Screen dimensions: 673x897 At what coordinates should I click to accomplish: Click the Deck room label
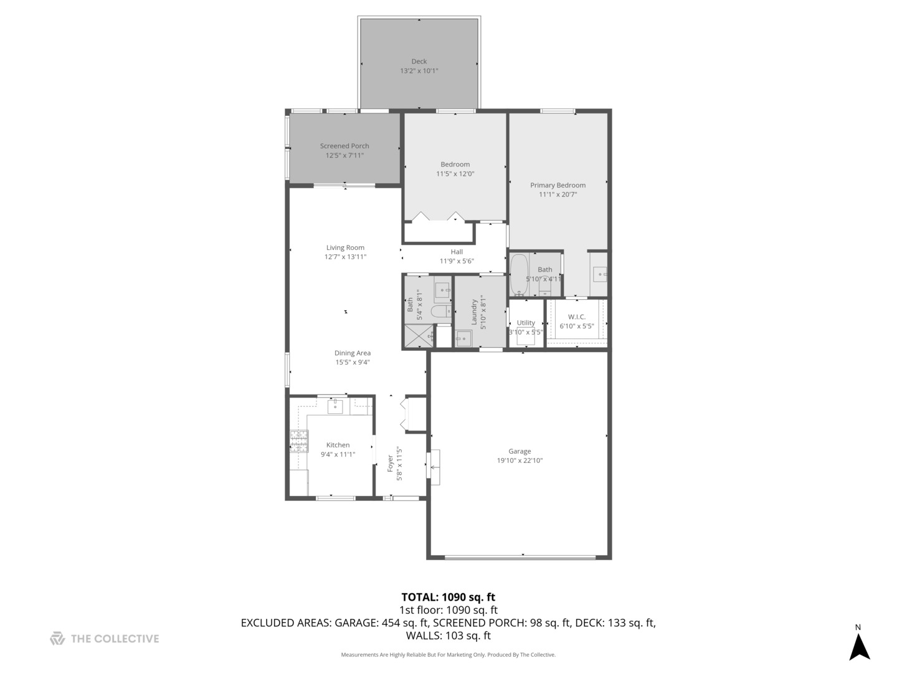[x=419, y=61]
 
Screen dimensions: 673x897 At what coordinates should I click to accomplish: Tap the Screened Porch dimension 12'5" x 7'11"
[x=344, y=156]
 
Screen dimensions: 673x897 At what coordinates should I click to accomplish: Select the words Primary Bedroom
[x=558, y=185]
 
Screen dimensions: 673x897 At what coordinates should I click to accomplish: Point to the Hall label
[x=457, y=252]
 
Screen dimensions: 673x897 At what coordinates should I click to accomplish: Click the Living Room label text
[x=345, y=247]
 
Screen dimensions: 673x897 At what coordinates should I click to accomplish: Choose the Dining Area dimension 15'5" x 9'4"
[x=353, y=362]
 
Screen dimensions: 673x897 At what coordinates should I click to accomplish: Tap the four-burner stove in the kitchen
[x=299, y=441]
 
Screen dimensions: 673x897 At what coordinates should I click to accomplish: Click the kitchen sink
[x=336, y=406]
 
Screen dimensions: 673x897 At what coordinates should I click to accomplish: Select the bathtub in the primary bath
[x=518, y=274]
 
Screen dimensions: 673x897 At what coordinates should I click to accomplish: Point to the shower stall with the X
[x=418, y=336]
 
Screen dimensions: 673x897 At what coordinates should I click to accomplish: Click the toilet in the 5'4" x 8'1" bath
[x=441, y=312]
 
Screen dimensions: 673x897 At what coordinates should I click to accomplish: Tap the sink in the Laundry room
[x=463, y=338]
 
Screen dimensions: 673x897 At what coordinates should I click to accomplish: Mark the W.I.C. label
[x=576, y=317]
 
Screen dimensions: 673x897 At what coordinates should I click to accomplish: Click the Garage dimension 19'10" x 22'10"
[x=520, y=461]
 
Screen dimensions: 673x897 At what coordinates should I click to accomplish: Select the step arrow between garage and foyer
[x=434, y=467]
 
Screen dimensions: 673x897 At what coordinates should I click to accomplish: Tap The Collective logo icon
[x=57, y=639]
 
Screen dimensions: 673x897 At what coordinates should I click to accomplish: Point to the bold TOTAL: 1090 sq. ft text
[x=448, y=597]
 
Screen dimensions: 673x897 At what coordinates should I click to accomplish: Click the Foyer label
[x=391, y=464]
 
